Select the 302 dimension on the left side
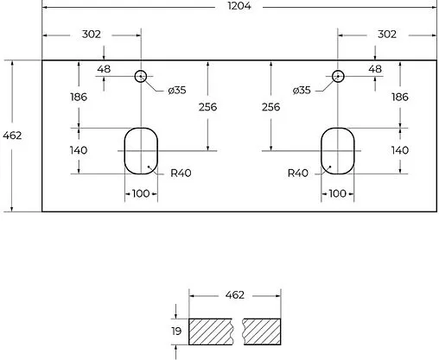[91, 35]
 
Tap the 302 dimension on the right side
[386, 35]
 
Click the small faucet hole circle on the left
[140, 76]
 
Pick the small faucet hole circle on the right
[338, 76]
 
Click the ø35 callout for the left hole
[176, 90]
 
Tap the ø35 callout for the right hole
[302, 90]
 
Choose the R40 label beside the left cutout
[181, 173]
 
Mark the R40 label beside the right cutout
[297, 173]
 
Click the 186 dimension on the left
[79, 98]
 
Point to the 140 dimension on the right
[399, 149]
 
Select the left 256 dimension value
[207, 107]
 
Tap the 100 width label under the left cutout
[141, 194]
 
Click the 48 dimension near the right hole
[374, 69]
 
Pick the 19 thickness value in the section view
[175, 332]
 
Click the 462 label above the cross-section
[234, 295]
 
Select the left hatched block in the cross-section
[211, 331]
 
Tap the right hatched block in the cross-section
[261, 331]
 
